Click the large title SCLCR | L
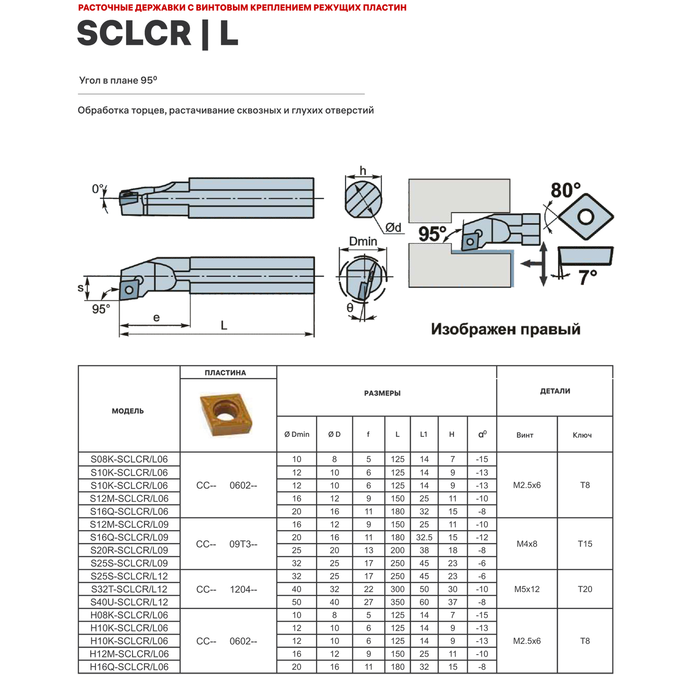[x=158, y=34]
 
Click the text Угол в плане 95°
[x=118, y=80]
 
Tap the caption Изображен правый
[x=505, y=329]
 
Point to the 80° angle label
[x=565, y=190]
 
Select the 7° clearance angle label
[x=587, y=277]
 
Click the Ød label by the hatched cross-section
[x=393, y=227]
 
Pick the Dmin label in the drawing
[x=363, y=241]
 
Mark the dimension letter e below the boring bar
[x=156, y=317]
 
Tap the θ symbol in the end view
[x=350, y=307]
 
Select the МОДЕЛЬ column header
[x=128, y=411]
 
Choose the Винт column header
[x=525, y=435]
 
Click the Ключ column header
[x=582, y=435]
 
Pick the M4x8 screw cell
[x=527, y=544]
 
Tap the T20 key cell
[x=585, y=589]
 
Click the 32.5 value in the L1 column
[x=424, y=538]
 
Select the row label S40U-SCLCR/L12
[x=129, y=602]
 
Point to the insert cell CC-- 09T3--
[x=227, y=544]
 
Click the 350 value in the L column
[x=397, y=602]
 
